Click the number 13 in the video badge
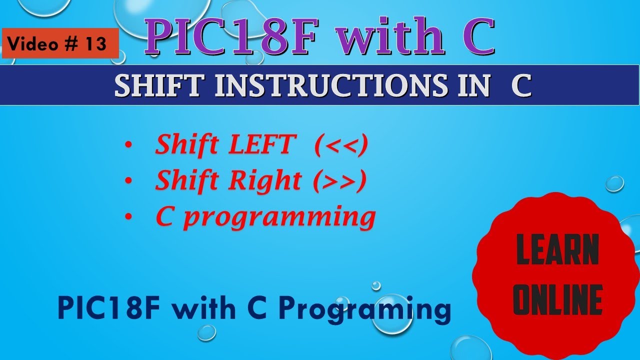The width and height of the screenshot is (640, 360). tap(96, 44)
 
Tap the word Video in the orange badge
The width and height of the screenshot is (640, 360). tap(32, 44)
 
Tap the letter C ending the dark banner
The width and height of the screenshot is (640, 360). tap(521, 86)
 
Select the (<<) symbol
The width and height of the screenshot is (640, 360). tap(341, 145)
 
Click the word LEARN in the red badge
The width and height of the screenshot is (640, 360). tap(557, 249)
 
